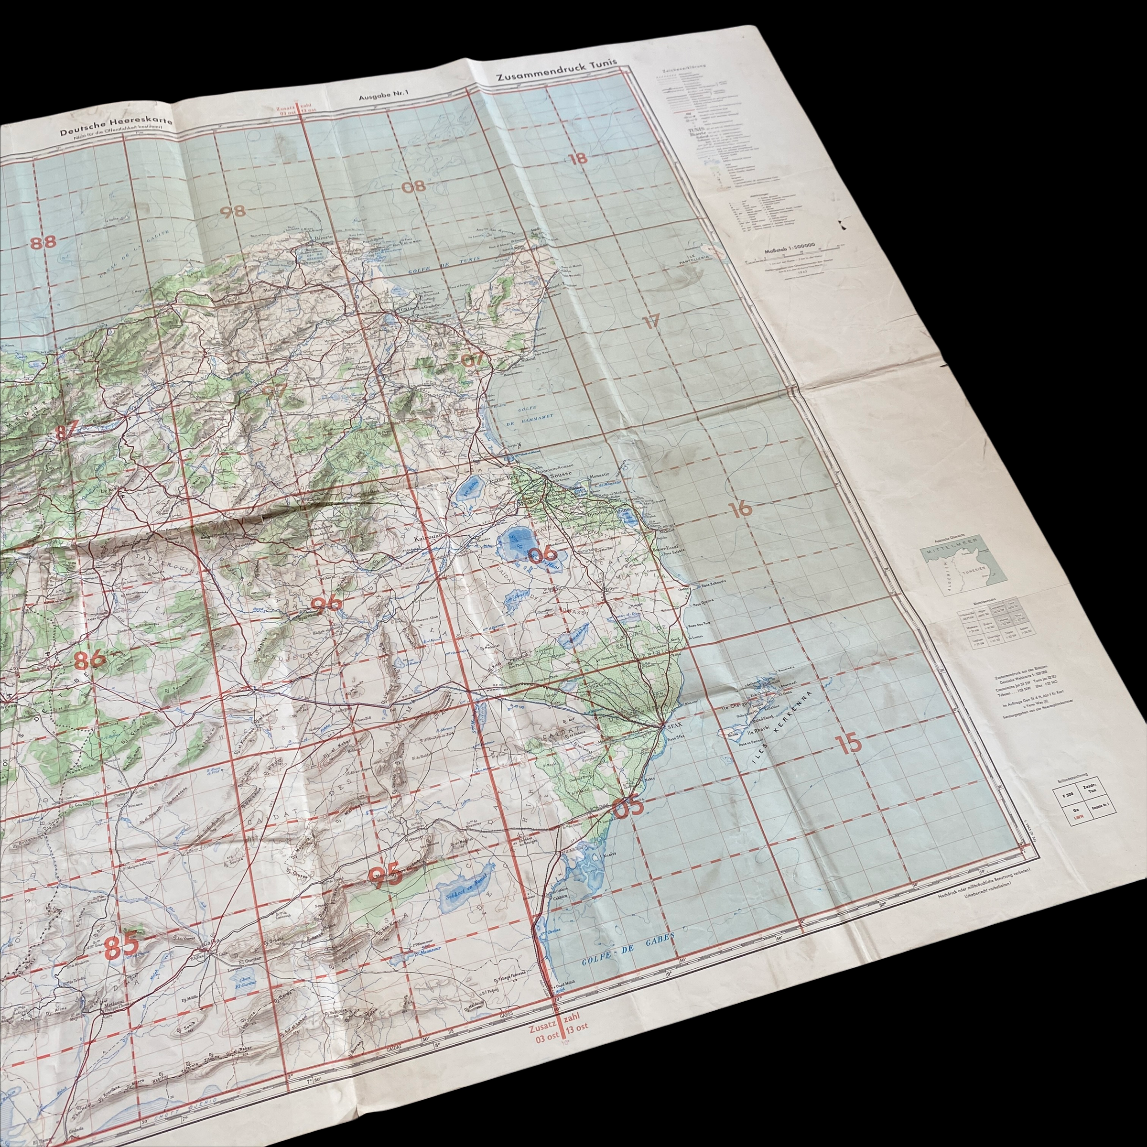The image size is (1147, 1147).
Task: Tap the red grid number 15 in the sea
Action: point(850,743)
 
